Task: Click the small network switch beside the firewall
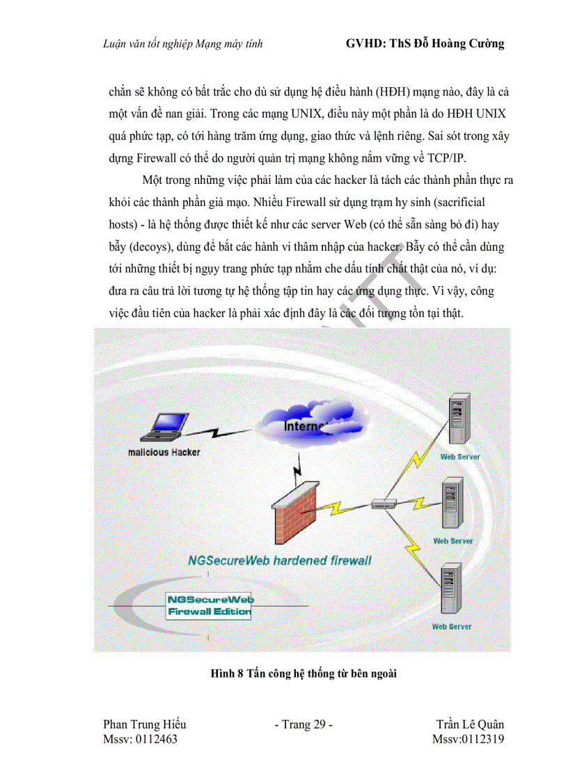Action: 384,503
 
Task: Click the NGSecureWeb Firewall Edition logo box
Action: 209,605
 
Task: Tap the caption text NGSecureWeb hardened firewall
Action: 280,560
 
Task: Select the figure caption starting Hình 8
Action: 303,673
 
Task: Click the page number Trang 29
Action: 303,725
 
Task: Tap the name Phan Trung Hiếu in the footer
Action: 144,725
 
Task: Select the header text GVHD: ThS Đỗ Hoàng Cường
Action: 425,44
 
